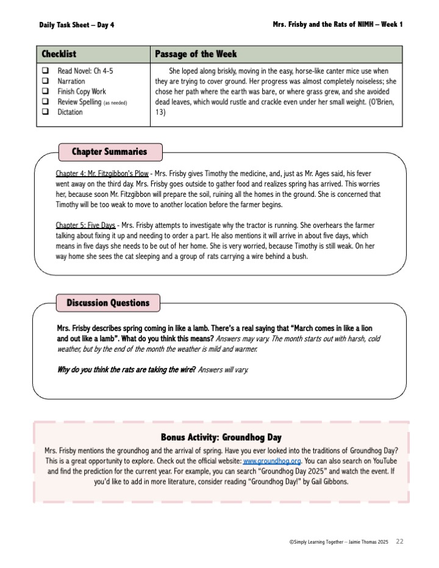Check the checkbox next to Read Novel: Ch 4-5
click(45, 71)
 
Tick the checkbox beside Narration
click(45, 81)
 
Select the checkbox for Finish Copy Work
click(45, 91)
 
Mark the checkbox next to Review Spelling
click(45, 102)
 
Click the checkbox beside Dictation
click(45, 112)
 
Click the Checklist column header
click(59, 54)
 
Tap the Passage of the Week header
click(196, 54)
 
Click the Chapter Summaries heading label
click(109, 152)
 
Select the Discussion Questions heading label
click(108, 303)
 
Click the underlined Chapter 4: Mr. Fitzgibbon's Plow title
click(102, 174)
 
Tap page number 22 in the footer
click(400, 541)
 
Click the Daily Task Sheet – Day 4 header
click(76, 24)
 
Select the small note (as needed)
click(115, 102)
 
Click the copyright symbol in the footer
click(291, 542)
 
